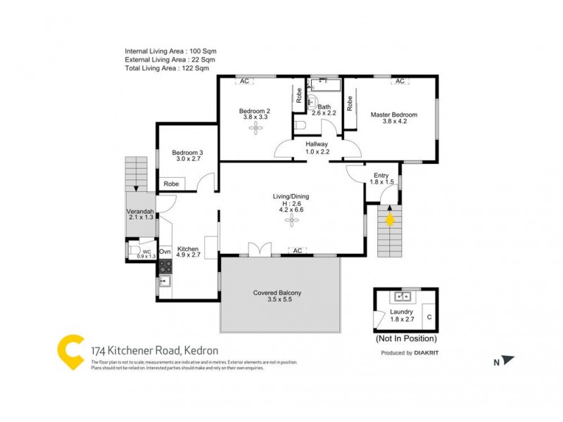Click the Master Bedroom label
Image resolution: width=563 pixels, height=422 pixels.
pos(394,115)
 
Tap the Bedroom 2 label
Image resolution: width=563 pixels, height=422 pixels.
pos(255,111)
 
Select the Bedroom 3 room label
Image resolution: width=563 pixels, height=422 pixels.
pos(187,153)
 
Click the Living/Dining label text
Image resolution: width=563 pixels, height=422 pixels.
pos(291,196)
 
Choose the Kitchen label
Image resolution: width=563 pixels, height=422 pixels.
pos(188,249)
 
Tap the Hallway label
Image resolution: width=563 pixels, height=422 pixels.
pos(317,143)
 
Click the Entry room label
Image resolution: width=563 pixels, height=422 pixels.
pos(381,176)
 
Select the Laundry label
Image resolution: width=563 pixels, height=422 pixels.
pos(401,312)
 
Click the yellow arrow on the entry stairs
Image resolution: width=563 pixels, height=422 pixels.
pos(390,219)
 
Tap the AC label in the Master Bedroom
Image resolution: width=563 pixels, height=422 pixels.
pos(400,82)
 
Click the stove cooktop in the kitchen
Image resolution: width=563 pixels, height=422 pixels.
pos(165,266)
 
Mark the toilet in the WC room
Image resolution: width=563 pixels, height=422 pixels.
pos(133,250)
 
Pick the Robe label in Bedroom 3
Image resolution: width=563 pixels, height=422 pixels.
pos(171,184)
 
